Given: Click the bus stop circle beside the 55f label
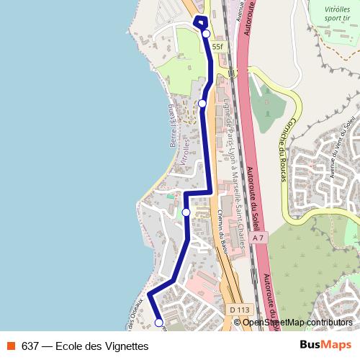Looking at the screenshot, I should (206, 34).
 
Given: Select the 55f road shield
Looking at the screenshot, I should (217, 47).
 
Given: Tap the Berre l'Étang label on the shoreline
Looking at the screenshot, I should (172, 122).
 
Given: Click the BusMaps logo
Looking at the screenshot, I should (325, 346).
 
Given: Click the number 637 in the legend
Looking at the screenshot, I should (30, 346).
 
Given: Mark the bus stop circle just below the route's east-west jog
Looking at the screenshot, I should (186, 212).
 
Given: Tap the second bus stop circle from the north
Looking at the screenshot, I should (202, 104).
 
